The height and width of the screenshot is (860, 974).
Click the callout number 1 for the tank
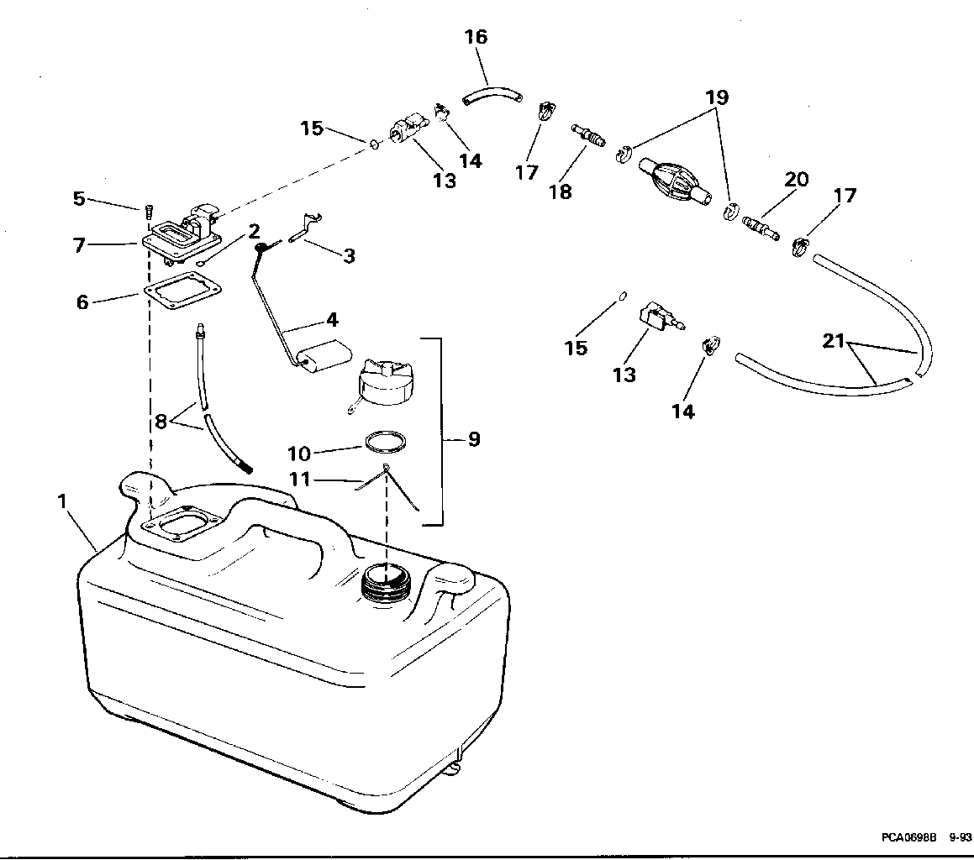coord(62,501)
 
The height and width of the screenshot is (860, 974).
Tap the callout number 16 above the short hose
coord(476,37)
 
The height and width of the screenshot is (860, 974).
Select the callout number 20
coord(797,180)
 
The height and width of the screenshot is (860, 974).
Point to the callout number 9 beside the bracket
coord(474,439)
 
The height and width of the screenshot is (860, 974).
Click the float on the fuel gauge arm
coord(324,356)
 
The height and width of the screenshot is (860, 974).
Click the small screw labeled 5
coord(148,212)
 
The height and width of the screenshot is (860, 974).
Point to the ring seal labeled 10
coord(385,442)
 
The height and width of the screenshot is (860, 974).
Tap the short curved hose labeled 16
coord(492,95)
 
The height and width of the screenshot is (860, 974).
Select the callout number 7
coord(79,245)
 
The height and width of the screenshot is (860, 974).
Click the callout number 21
coord(834,341)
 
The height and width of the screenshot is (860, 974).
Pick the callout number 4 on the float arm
coord(332,320)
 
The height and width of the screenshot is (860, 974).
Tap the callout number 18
coord(561,191)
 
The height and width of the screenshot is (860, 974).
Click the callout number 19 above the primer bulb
coord(717,97)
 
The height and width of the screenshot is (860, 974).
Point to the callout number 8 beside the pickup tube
coord(161,422)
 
